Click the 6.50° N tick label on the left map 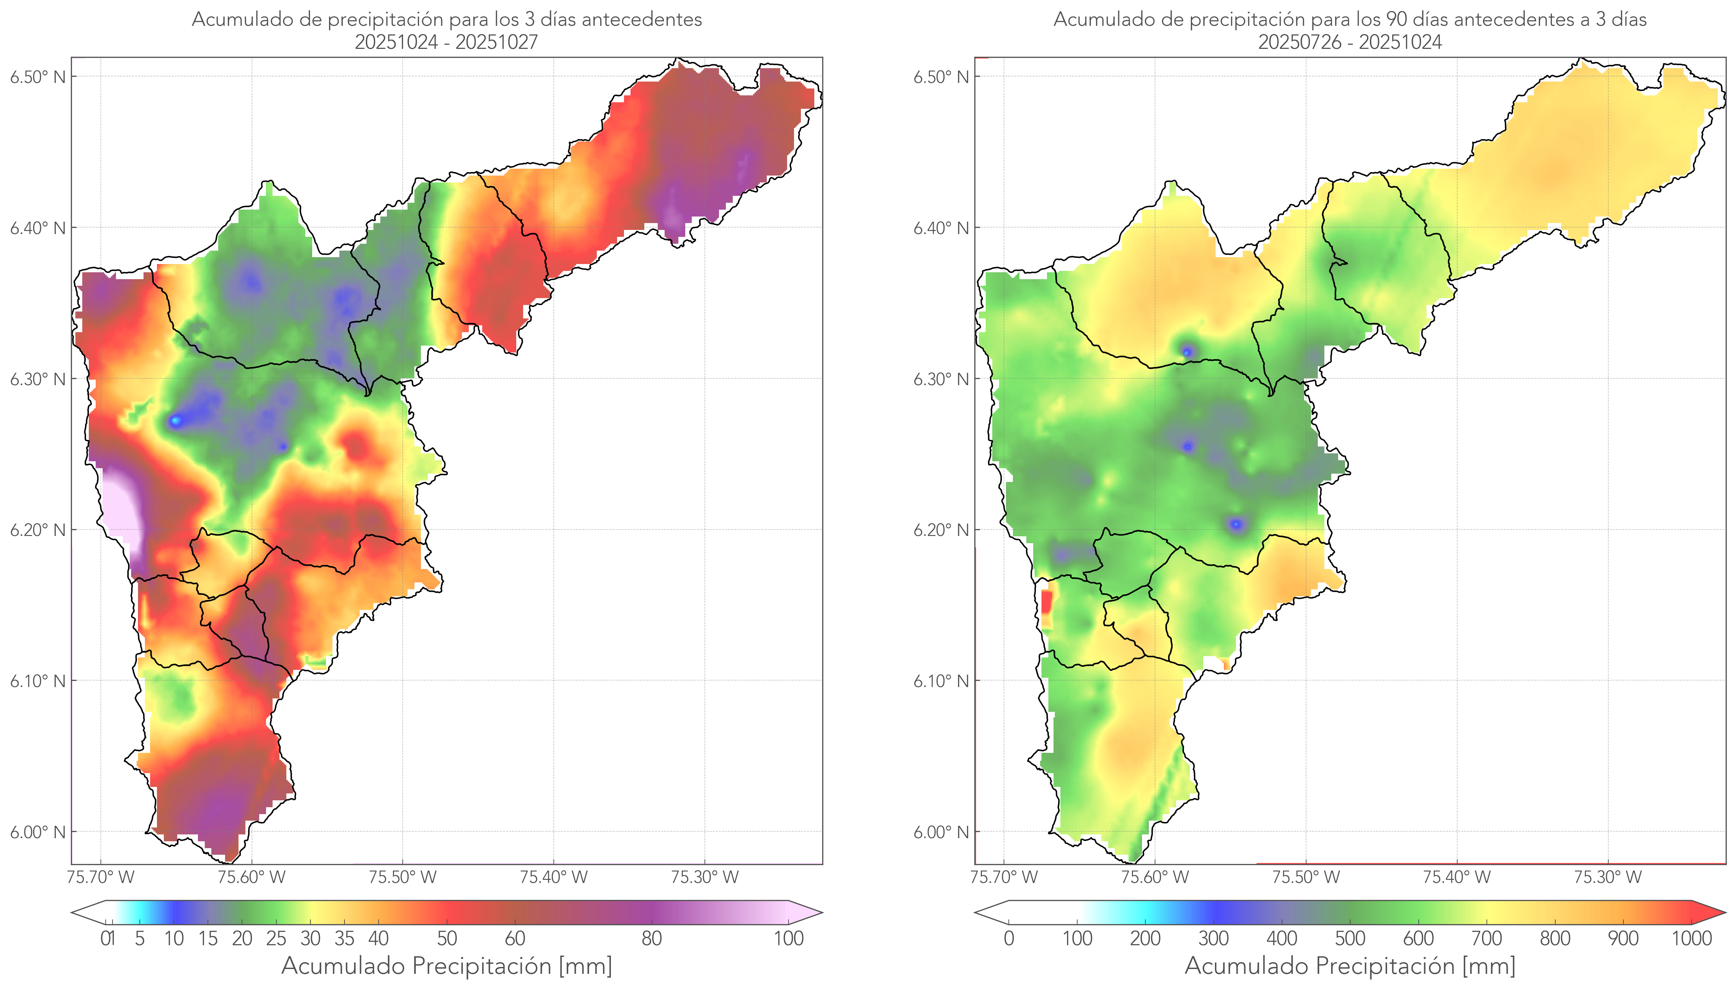38,77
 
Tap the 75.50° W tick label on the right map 1306,877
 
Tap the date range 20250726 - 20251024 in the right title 1350,42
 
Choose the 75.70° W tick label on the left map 100,877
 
